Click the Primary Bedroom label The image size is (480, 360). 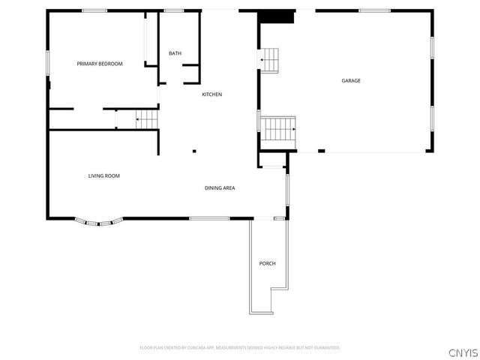pyautogui.click(x=100, y=64)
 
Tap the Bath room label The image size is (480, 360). pyautogui.click(x=175, y=53)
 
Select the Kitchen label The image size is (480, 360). pyautogui.click(x=211, y=94)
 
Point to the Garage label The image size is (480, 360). pyautogui.click(x=351, y=80)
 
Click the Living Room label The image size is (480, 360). pyautogui.click(x=104, y=175)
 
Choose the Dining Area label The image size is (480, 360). pyautogui.click(x=220, y=187)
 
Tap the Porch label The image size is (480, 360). pyautogui.click(x=268, y=263)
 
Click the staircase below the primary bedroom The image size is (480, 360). pyautogui.click(x=147, y=118)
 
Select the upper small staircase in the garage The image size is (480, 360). pyautogui.click(x=270, y=58)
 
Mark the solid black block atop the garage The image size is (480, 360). pyautogui.click(x=277, y=16)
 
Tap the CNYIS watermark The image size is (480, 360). pyautogui.click(x=463, y=352)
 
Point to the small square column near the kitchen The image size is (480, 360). pyautogui.click(x=195, y=149)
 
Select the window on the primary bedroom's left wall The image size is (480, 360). pyautogui.click(x=48, y=62)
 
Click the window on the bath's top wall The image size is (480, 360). pyautogui.click(x=174, y=10)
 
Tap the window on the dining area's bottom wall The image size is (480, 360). pyautogui.click(x=208, y=218)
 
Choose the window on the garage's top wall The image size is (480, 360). pyautogui.click(x=374, y=10)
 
